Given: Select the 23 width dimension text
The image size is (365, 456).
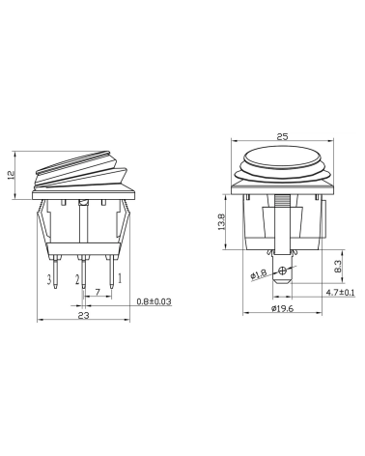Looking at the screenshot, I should (x=84, y=315).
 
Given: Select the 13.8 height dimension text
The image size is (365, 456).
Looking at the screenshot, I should (x=221, y=222).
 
